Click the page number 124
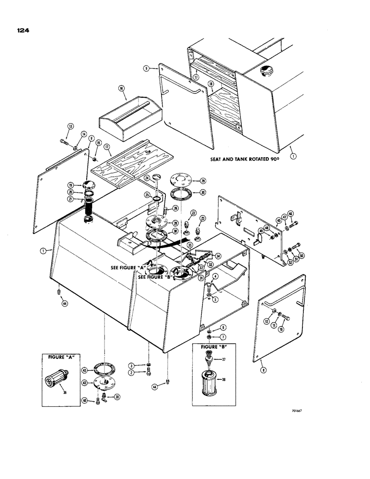click(x=23, y=30)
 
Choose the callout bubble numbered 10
click(x=289, y=330)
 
